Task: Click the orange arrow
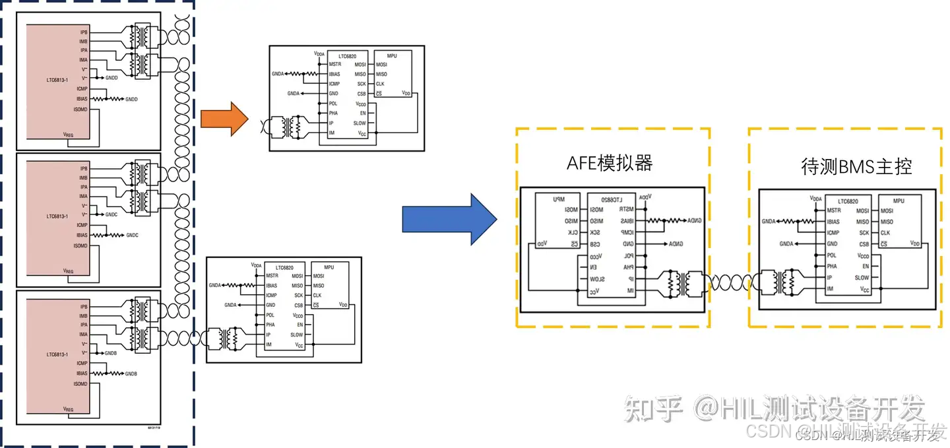(223, 119)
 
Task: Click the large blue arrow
(449, 219)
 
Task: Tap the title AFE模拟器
(610, 164)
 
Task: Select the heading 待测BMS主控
(856, 167)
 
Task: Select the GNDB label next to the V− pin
(111, 353)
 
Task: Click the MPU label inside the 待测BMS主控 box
(899, 200)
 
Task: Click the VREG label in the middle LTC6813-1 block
(69, 271)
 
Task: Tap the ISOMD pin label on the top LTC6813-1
(80, 109)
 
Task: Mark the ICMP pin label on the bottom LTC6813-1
(82, 363)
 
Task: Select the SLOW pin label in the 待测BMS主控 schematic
(862, 278)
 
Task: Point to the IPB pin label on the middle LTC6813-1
(83, 169)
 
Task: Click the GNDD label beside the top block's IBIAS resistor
(131, 99)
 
